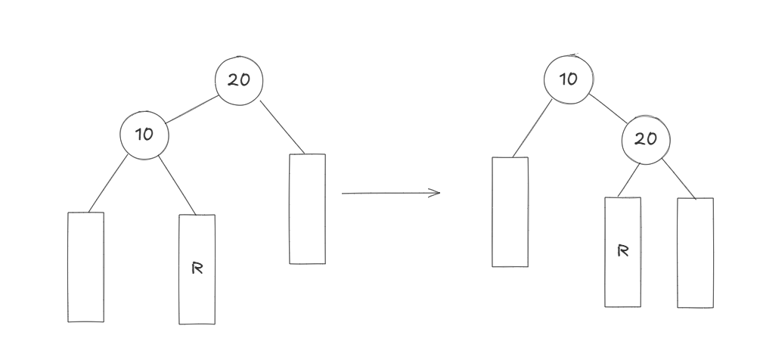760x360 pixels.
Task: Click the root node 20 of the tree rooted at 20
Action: [x=239, y=79]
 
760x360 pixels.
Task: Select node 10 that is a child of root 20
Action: [x=144, y=135]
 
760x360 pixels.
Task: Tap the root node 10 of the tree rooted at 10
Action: [x=569, y=78]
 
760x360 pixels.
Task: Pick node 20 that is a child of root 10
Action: [x=646, y=138]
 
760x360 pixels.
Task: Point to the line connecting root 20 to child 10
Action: [x=191, y=107]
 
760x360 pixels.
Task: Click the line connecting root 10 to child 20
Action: [x=607, y=108]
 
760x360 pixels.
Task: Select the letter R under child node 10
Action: [x=197, y=268]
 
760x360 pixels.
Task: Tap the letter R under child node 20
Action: [x=622, y=251]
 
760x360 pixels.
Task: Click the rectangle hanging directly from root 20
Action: [x=307, y=209]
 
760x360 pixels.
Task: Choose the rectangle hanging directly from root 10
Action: [x=510, y=212]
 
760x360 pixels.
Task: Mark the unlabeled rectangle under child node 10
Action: [x=85, y=267]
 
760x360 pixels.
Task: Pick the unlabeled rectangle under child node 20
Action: [x=695, y=253]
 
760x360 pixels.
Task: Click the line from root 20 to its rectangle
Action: [x=282, y=126]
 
